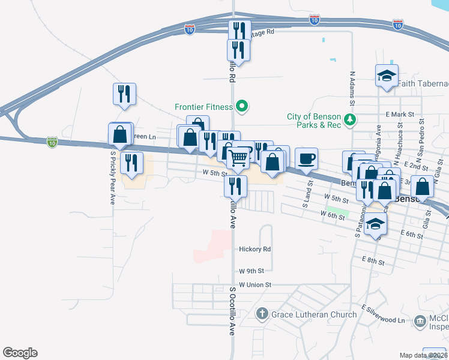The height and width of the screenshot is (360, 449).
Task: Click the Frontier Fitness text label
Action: [x=203, y=107]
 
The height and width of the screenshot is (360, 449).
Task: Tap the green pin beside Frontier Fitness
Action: [x=242, y=107]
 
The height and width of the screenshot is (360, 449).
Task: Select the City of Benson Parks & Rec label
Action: [x=314, y=121]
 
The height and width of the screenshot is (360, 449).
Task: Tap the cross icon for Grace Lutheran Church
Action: [x=262, y=313]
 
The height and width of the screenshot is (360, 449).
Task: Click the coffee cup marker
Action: [x=306, y=159]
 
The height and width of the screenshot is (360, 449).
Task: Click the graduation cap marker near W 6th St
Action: [x=376, y=224]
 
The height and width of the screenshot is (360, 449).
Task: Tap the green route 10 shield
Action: [x=53, y=142]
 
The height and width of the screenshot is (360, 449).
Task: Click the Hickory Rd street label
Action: [x=255, y=249]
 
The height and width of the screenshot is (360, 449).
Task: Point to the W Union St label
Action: [x=255, y=284]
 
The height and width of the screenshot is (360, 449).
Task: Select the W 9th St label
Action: [x=251, y=271]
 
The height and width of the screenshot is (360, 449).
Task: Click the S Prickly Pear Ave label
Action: [x=112, y=177]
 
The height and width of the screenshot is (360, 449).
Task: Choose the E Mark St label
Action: [x=400, y=114]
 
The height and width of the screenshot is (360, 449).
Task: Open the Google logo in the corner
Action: [x=20, y=353]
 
